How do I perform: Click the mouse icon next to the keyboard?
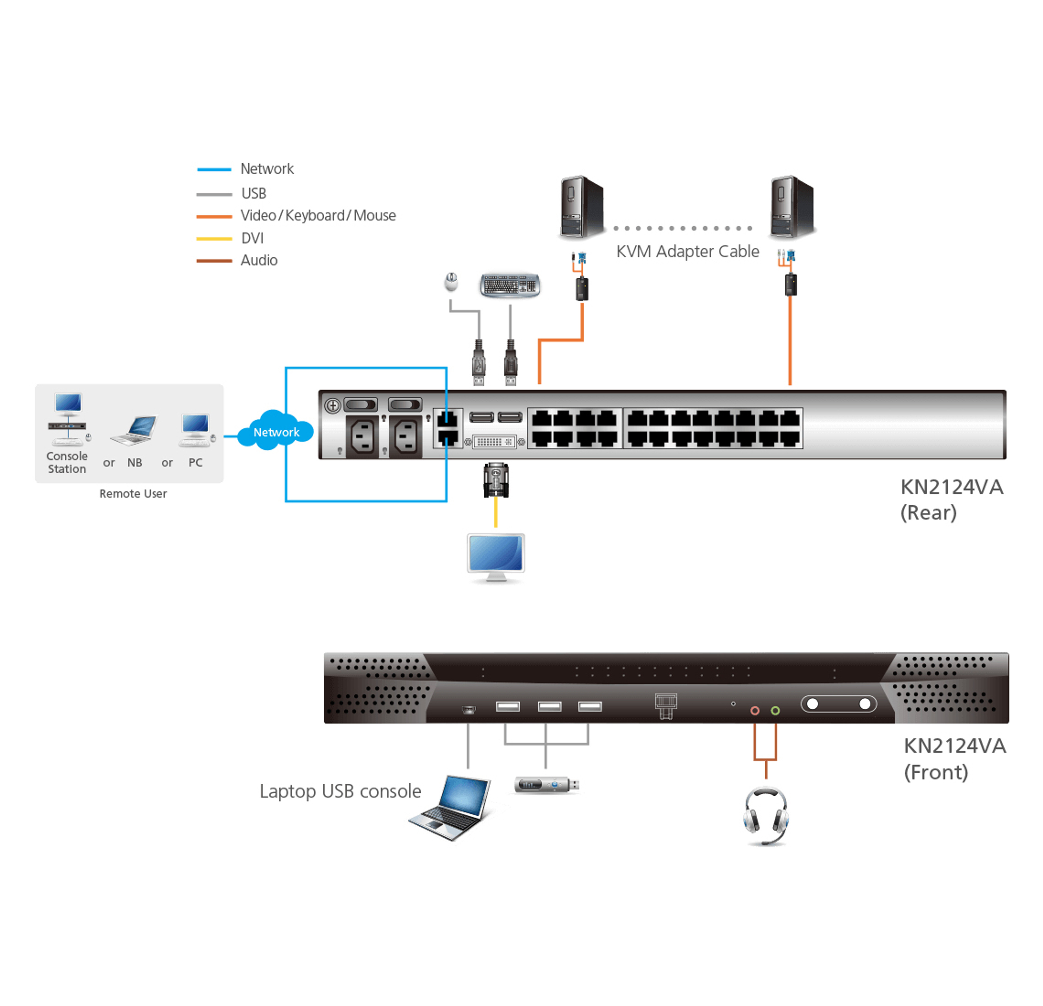(451, 281)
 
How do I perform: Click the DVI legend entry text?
(252, 238)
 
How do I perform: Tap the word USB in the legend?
(253, 193)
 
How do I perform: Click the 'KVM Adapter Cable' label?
(687, 251)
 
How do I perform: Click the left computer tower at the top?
(582, 207)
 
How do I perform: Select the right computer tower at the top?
(792, 207)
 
